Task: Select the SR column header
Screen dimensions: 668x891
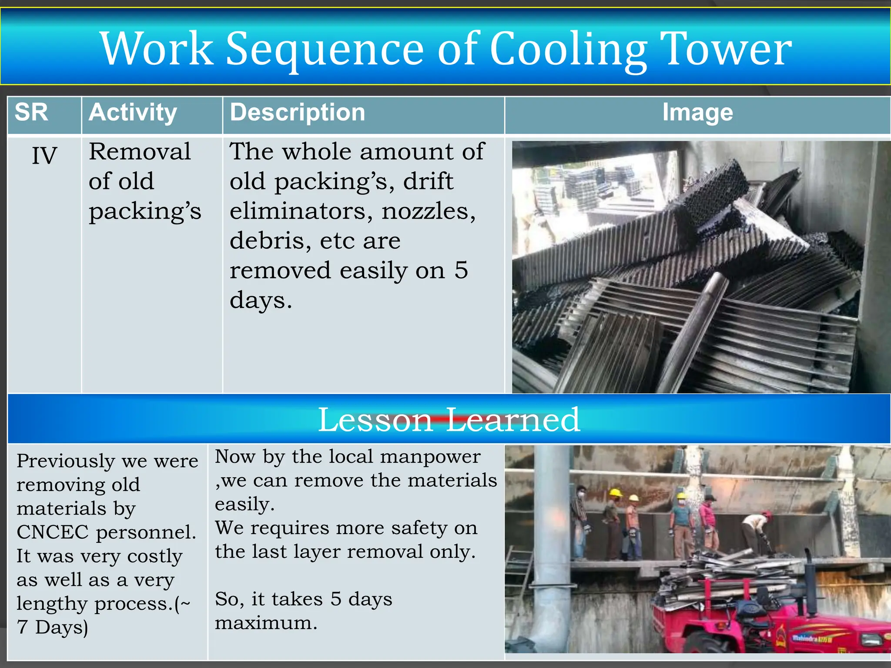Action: point(31,112)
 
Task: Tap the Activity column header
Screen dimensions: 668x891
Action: point(133,113)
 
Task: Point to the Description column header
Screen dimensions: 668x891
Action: point(298,112)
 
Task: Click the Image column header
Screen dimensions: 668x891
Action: point(697,112)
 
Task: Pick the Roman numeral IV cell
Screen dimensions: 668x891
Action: point(44,155)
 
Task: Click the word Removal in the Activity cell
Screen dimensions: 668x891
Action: point(140,152)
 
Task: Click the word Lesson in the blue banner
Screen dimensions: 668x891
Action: point(375,420)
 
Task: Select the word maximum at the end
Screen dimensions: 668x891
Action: point(266,623)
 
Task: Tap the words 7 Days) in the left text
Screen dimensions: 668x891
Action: point(53,627)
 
